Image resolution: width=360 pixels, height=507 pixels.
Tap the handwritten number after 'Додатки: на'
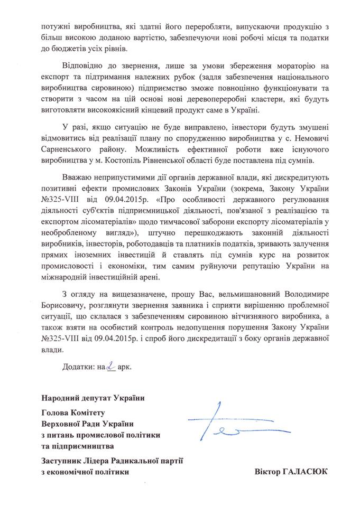pyautogui.click(x=110, y=364)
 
